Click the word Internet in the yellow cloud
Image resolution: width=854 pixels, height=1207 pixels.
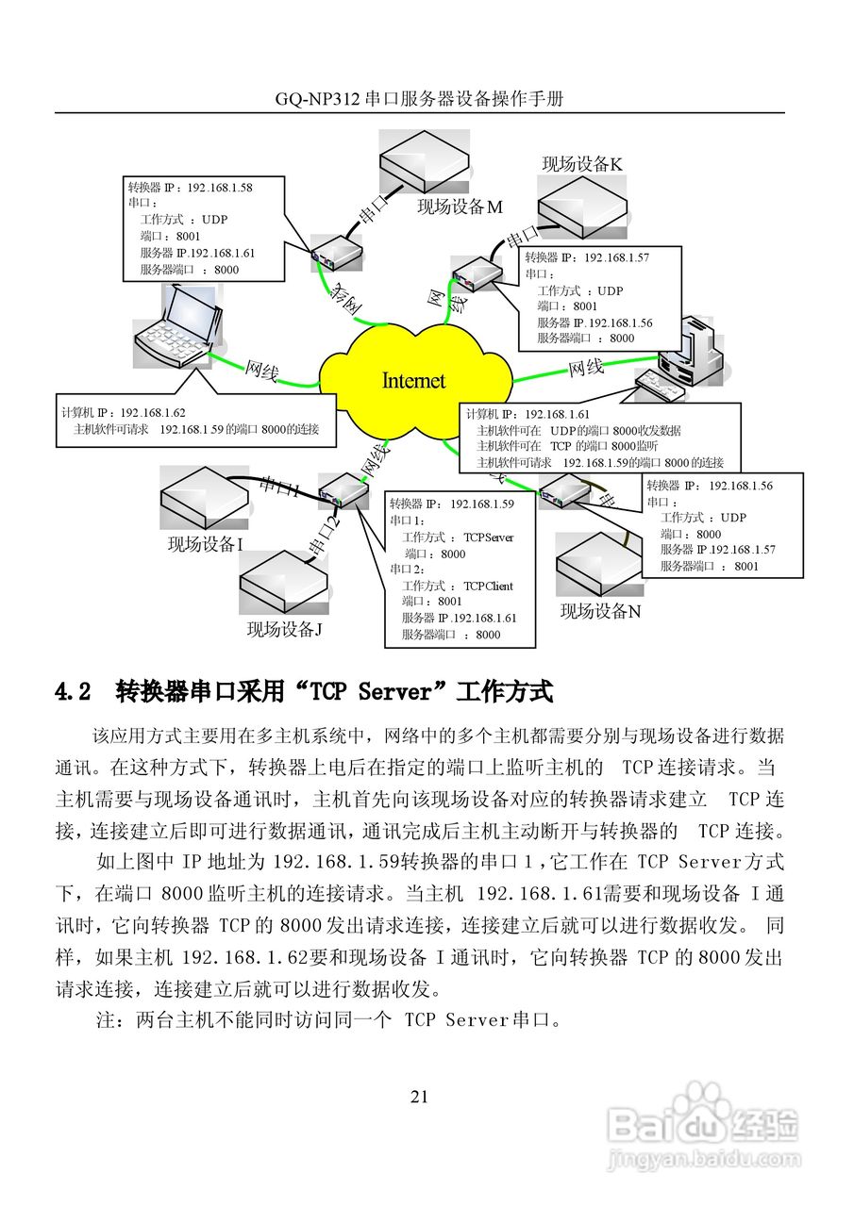pos(413,380)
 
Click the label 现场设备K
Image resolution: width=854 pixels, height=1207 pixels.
pos(581,163)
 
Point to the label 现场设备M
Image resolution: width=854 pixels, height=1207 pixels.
pos(460,207)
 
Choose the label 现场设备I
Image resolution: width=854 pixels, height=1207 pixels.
pos(206,544)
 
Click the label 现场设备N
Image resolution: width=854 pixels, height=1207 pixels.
pos(600,611)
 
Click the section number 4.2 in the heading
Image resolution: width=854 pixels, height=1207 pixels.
pos(74,692)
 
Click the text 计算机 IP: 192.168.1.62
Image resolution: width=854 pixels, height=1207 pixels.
pos(124,412)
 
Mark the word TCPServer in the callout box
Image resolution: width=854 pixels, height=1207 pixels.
pos(489,537)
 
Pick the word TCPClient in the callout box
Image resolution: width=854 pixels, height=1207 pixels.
pos(488,586)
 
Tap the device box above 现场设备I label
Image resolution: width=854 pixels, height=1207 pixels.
pos(204,494)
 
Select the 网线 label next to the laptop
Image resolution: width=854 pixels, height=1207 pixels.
pos(261,372)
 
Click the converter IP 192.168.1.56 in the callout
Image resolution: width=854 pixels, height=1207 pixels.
pos(741,485)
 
